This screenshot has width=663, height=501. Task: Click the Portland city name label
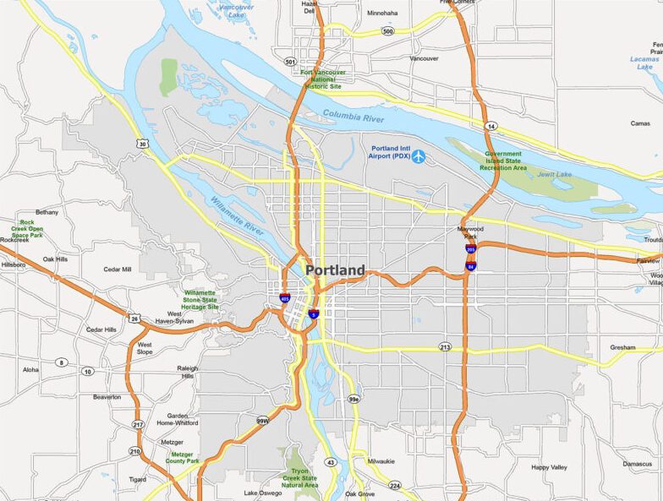[335, 270]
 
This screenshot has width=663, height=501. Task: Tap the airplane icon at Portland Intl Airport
[418, 156]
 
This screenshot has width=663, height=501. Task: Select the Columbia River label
[353, 117]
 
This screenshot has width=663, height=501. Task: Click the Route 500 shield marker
[387, 31]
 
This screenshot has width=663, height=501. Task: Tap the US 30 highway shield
[143, 144]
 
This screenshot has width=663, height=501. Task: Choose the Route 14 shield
[490, 126]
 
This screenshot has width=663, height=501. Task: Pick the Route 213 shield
[445, 347]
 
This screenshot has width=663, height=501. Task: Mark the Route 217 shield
[137, 423]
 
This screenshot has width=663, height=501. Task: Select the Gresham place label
[622, 347]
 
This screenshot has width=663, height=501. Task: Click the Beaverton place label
[107, 396]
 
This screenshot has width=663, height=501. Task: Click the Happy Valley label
[549, 467]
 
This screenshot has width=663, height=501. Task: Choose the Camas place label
[640, 123]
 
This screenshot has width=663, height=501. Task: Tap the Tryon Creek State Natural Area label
[299, 477]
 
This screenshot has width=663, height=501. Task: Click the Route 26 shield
[134, 319]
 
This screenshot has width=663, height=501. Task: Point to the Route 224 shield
[394, 485]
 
